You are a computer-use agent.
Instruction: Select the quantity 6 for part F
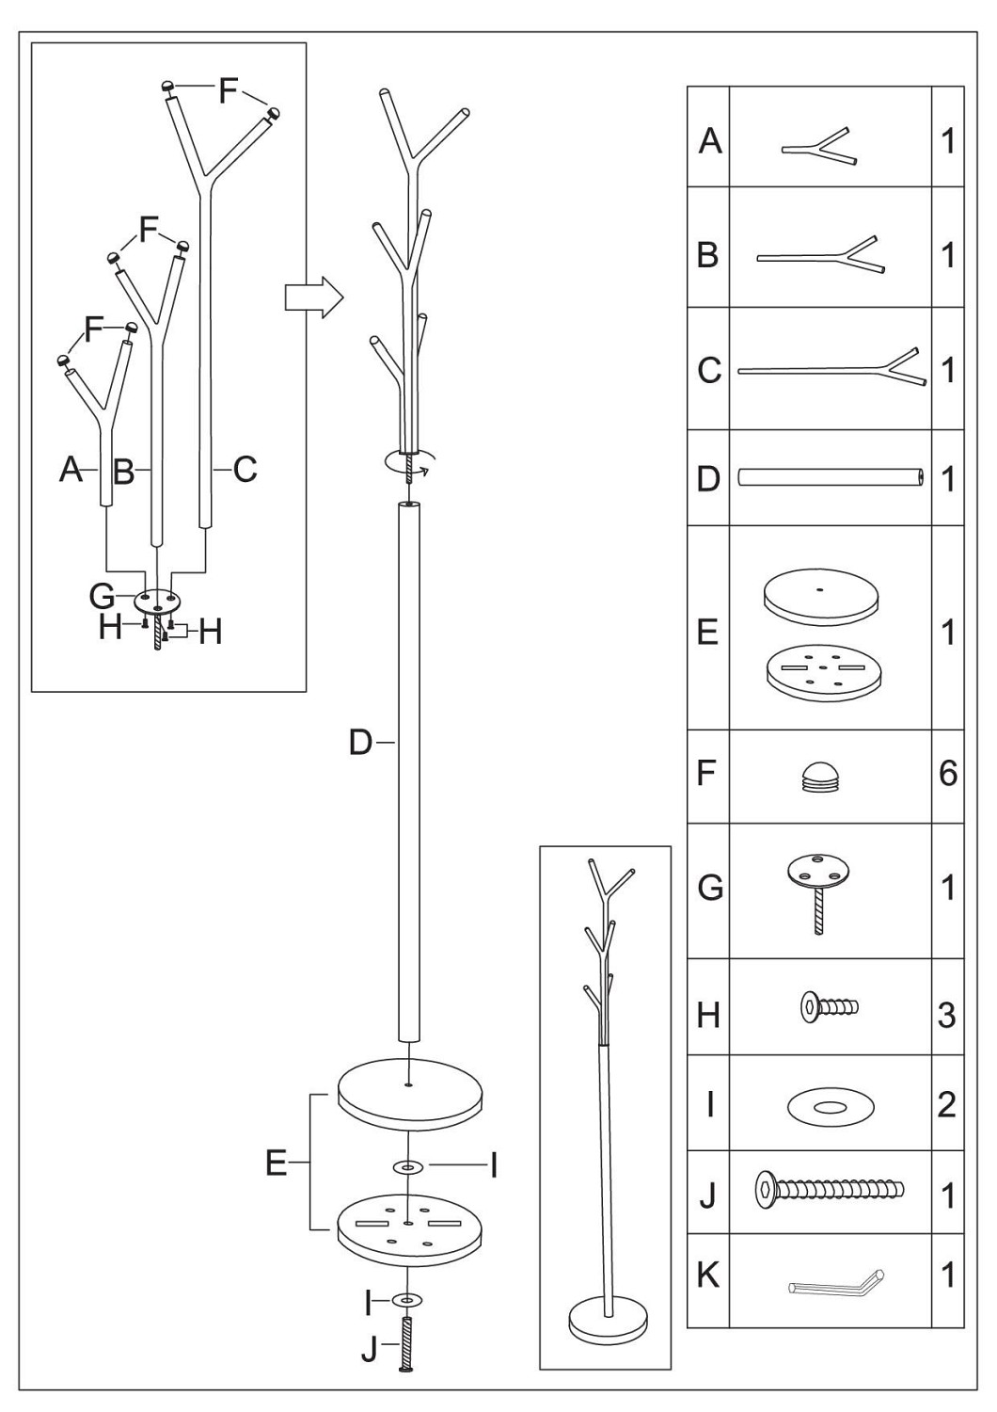948,773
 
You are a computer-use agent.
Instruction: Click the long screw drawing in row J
830,1189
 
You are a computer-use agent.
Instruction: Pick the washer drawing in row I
831,1107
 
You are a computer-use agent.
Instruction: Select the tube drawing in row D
831,476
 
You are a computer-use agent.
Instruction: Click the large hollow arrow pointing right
313,297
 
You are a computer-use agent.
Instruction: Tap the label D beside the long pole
361,744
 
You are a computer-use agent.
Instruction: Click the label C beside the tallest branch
245,469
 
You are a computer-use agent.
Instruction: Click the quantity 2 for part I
947,1106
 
